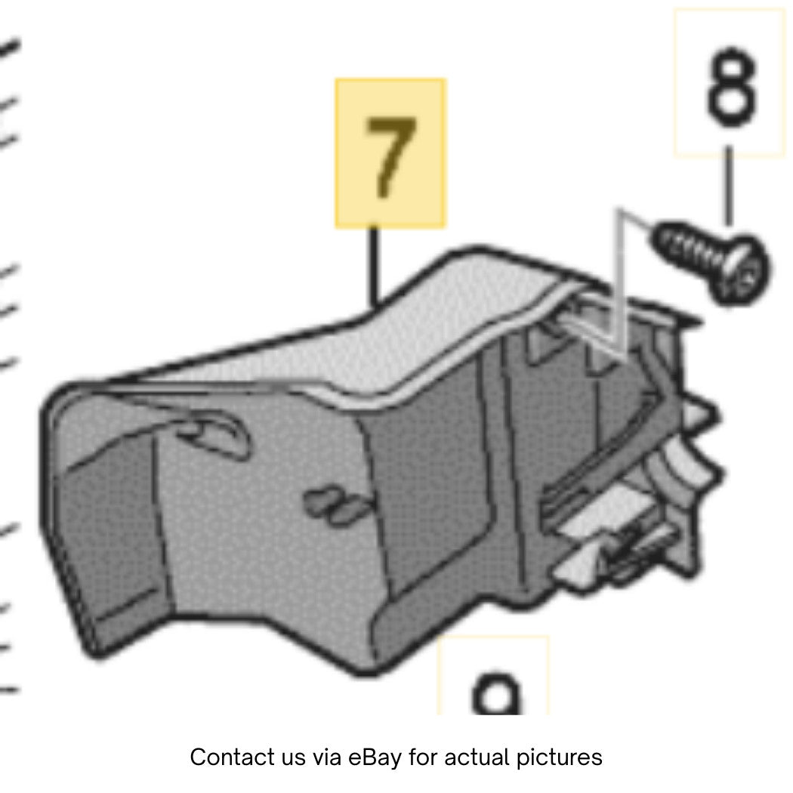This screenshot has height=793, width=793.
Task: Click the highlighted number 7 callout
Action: (390, 157)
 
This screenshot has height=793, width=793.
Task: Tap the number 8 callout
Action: (732, 87)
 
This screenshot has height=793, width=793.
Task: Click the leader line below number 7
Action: (373, 267)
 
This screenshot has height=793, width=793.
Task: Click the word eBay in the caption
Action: (375, 757)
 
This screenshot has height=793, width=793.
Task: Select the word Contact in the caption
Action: (223, 757)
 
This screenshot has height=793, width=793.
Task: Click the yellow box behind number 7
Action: (390, 153)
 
